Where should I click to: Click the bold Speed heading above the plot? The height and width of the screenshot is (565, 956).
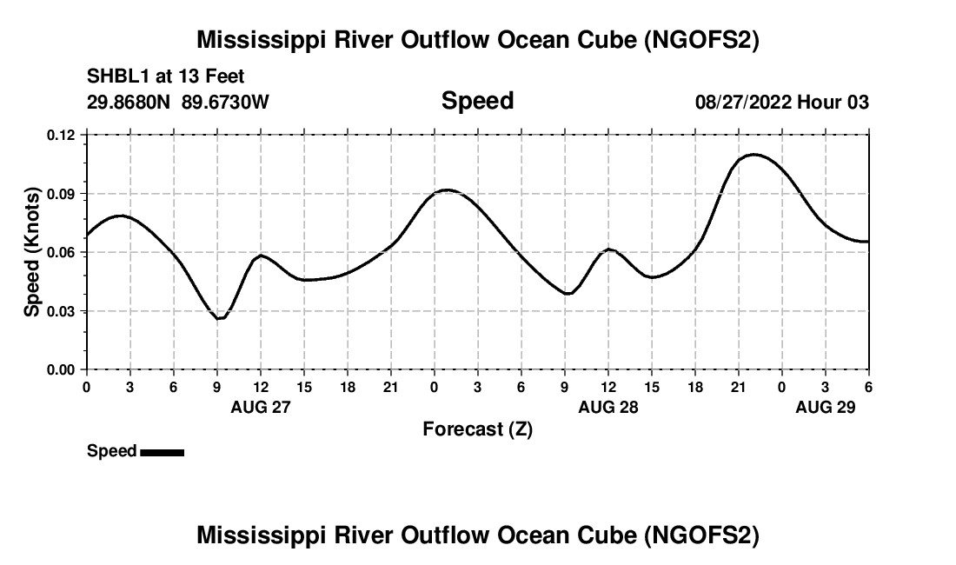coord(477,101)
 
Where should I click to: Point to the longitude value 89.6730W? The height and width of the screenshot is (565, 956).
coord(225,102)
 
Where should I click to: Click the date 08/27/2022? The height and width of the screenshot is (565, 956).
coord(743,102)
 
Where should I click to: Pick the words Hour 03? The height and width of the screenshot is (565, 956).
coord(833,102)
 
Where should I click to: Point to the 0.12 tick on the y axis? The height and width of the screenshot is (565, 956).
coord(61,135)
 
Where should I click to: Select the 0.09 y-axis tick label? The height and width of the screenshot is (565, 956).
coord(61,194)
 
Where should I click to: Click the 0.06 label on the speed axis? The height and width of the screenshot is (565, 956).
coord(61,252)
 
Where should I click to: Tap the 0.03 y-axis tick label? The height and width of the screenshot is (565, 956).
coord(61,311)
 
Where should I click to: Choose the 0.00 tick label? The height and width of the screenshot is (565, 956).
coord(61,369)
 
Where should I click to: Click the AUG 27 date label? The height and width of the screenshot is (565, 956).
coord(260,407)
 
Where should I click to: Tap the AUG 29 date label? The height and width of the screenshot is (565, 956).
coord(826,407)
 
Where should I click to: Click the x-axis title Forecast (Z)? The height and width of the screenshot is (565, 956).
coord(477,429)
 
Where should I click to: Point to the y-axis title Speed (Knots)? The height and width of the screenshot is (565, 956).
coord(32,252)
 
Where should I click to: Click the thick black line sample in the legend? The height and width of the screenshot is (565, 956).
coord(162,452)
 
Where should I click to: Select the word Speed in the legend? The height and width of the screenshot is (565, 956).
coord(111,451)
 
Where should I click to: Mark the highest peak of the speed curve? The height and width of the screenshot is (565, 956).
coord(752,155)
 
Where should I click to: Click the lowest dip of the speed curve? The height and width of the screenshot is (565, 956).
coord(220,318)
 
